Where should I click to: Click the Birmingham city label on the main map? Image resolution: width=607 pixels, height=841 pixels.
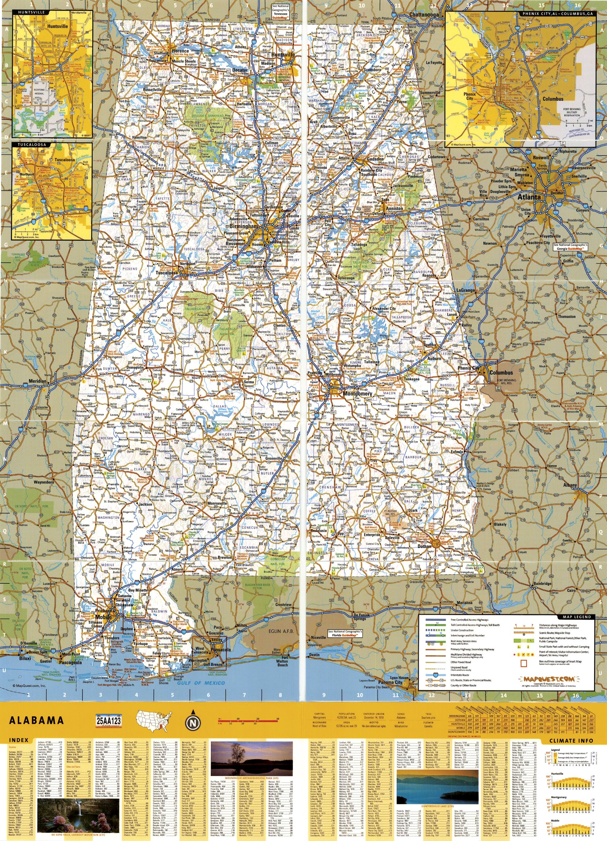(x=243, y=226)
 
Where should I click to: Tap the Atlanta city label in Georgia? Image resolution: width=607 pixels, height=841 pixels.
(x=529, y=197)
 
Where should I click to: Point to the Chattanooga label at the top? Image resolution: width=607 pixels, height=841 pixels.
(x=424, y=14)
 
